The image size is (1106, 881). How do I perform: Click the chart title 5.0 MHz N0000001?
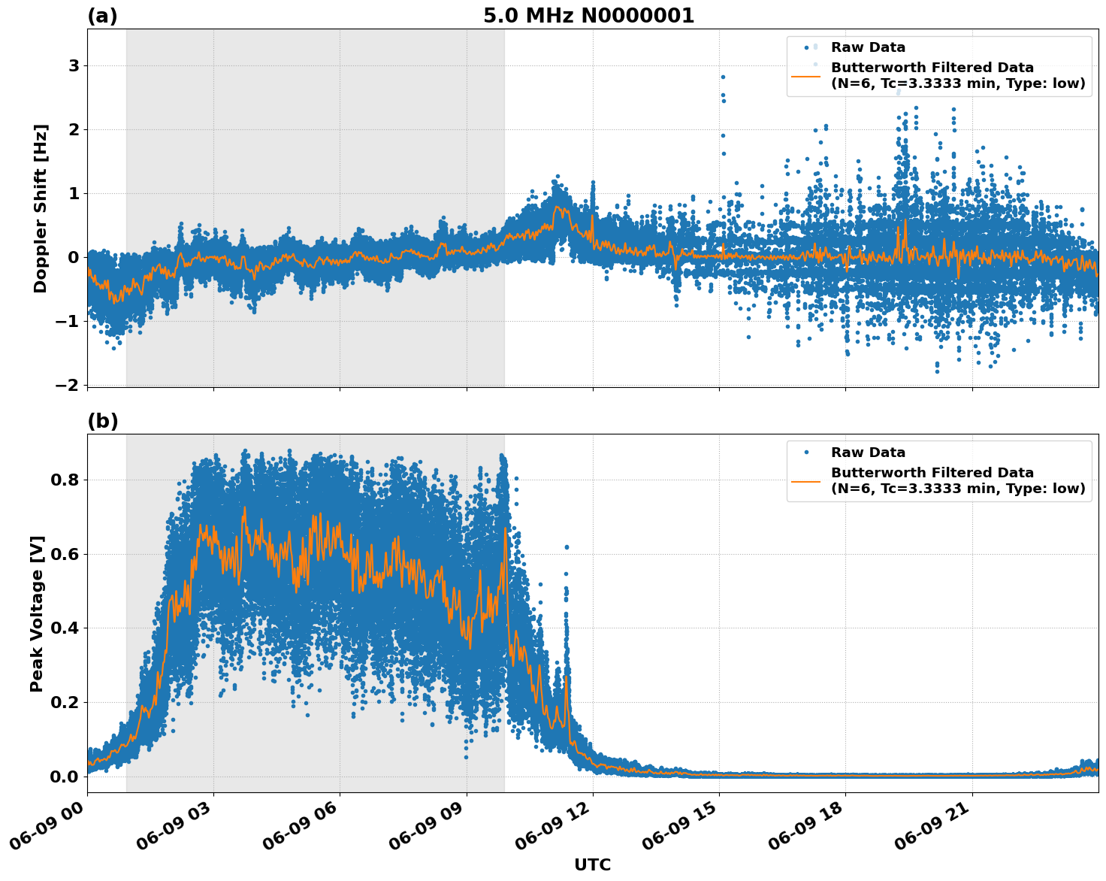pyautogui.click(x=588, y=16)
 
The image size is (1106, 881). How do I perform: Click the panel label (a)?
pyautogui.click(x=102, y=16)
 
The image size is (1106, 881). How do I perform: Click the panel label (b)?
pyautogui.click(x=102, y=421)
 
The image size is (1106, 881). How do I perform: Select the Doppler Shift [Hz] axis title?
pyautogui.click(x=41, y=208)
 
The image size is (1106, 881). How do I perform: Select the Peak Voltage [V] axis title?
pyautogui.click(x=37, y=613)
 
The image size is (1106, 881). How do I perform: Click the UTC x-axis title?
pyautogui.click(x=592, y=864)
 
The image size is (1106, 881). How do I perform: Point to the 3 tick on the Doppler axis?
pyautogui.click(x=74, y=66)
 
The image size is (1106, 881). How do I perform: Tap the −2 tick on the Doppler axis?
pyautogui.click(x=68, y=385)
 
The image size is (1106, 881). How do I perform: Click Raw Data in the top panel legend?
pyautogui.click(x=868, y=47)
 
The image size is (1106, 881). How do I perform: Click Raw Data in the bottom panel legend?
pyautogui.click(x=868, y=453)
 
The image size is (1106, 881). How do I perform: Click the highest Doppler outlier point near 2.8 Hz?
pyautogui.click(x=723, y=77)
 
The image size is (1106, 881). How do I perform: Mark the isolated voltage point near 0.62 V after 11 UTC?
pyautogui.click(x=567, y=547)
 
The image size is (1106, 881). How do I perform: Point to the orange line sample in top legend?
pyautogui.click(x=806, y=75)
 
